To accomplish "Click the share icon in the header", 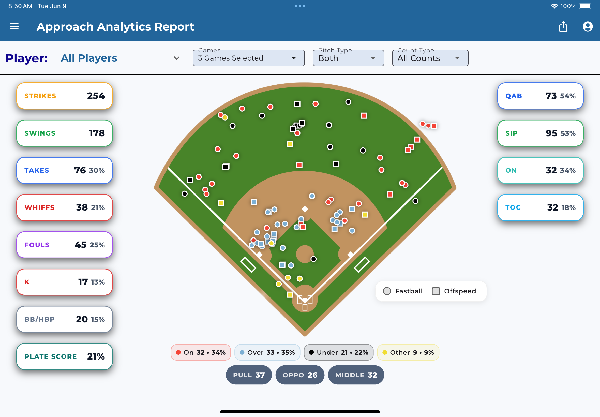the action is pos(563,27).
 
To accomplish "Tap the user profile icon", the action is pos(588,27).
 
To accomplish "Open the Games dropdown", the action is pos(249,58).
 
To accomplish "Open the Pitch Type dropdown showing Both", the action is pos(348,58).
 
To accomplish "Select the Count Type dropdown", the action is pos(430,58).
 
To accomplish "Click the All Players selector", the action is pos(118,58).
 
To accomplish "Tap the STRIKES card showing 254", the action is pos(65,96).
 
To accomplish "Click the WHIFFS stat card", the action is pos(65,207).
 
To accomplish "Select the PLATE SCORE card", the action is pos(65,356).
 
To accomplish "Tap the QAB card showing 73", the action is pos(540,96).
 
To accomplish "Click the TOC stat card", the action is pos(540,207).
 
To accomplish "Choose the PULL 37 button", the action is pos(249,375).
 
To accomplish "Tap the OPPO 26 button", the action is pos(300,375).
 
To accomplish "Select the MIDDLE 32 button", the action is pos(356,375).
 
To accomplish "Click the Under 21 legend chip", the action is pos(339,352).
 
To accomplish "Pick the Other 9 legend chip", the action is pos(408,352).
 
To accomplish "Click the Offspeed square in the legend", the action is pos(436,291).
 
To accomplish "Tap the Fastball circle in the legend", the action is pos(387,291).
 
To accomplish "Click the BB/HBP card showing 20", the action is pos(65,319).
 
